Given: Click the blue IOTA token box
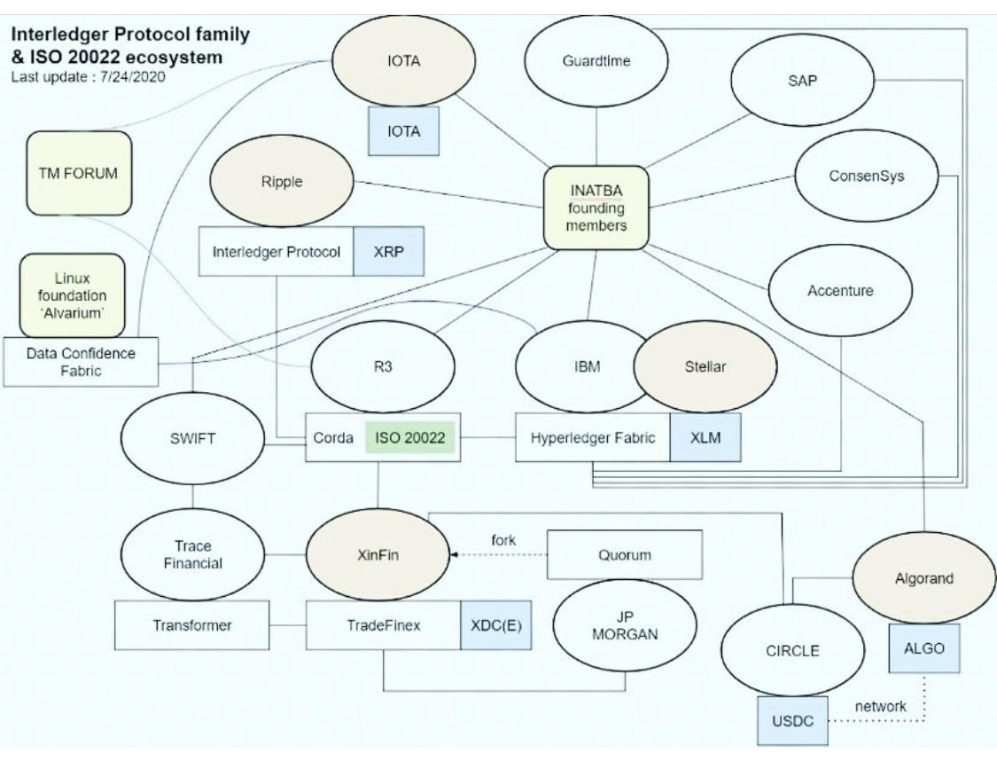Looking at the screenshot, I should point(403,131).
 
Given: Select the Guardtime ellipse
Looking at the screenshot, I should point(596,61).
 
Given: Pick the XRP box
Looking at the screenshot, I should point(388,251).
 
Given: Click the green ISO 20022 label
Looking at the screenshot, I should point(409,437).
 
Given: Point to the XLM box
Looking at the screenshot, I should point(705,437).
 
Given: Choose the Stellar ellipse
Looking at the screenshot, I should point(705,366).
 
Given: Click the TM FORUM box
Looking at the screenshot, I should point(79,173).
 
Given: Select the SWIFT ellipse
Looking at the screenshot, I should point(192,438).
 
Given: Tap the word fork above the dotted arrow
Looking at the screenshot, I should point(503,539).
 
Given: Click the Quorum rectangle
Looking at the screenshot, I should point(625,555).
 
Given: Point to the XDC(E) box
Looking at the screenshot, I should point(495,624).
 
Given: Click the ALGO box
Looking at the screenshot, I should point(923,647).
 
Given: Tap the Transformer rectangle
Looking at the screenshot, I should point(191,624).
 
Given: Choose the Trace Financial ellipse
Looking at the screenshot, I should point(192,554).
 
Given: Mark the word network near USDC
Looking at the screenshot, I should point(879,706).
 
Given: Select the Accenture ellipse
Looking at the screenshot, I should point(839,290).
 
